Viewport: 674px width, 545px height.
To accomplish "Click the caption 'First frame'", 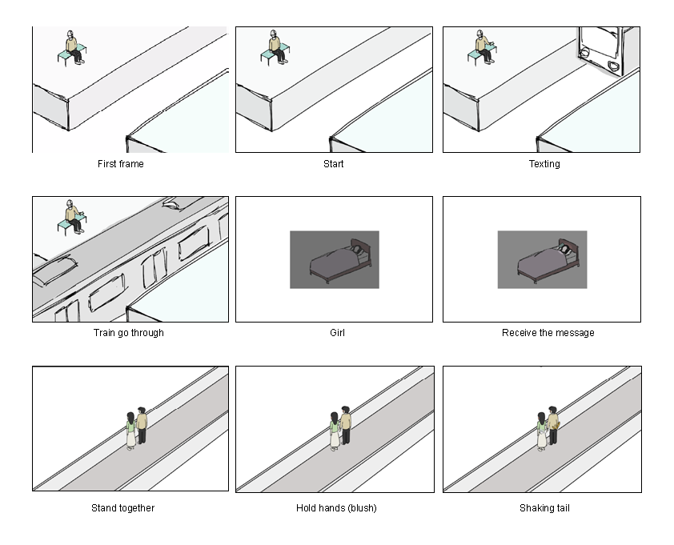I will pyautogui.click(x=121, y=164).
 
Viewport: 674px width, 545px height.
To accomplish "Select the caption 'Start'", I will pyautogui.click(x=334, y=164).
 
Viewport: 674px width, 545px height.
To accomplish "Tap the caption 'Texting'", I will pyautogui.click(x=544, y=164).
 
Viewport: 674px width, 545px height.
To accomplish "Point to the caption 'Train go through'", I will pyautogui.click(x=128, y=332).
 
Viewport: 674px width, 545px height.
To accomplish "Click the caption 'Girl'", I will pyautogui.click(x=337, y=332).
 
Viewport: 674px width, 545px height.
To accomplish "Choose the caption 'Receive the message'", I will pyautogui.click(x=548, y=332).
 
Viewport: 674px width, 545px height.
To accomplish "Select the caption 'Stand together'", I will pyautogui.click(x=122, y=508).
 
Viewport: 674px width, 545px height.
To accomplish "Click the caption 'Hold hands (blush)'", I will pyautogui.click(x=336, y=508).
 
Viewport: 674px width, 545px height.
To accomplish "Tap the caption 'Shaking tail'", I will pyautogui.click(x=544, y=508).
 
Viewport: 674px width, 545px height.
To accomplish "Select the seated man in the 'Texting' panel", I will pyautogui.click(x=483, y=47).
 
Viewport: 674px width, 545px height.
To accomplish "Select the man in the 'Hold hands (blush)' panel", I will pyautogui.click(x=346, y=425).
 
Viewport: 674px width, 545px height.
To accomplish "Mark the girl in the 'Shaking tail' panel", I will pyautogui.click(x=542, y=431).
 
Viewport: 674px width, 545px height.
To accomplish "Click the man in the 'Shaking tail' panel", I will pyautogui.click(x=552, y=424).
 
